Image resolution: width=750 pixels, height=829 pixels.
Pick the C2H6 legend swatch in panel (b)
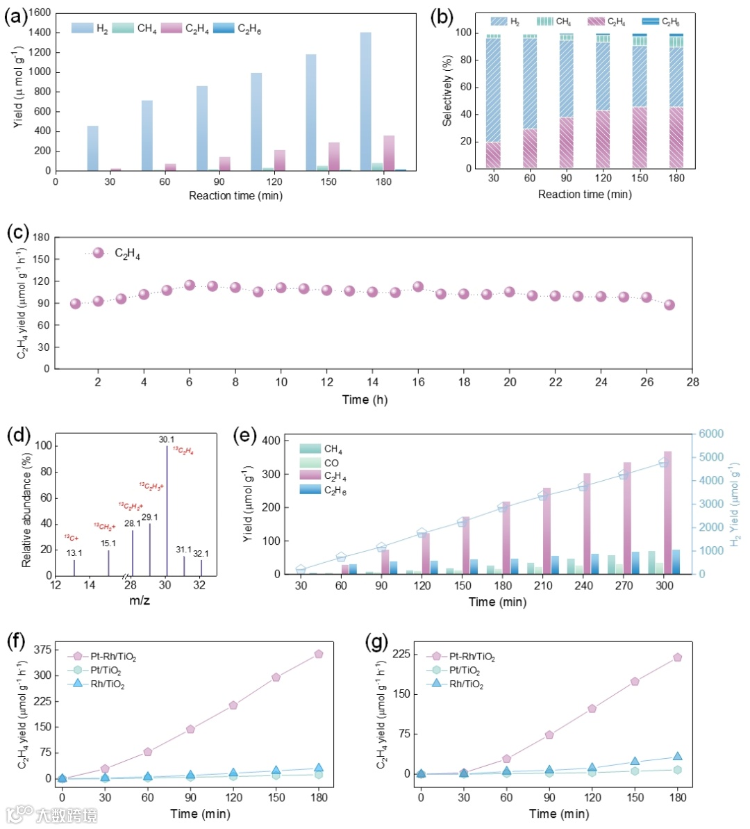tap(650, 22)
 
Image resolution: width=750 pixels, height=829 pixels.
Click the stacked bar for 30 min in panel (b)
tap(493, 101)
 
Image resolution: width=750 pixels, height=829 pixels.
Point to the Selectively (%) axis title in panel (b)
tap(447, 91)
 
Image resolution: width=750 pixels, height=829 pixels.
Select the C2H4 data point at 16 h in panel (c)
tap(418, 287)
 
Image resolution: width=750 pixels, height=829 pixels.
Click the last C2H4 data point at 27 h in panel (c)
tap(669, 304)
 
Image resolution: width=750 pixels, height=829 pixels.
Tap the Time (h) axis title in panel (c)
tap(365, 400)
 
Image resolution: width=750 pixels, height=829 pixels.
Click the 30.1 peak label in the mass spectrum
tap(167, 439)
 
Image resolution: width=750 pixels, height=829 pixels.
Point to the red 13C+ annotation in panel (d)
tap(72, 538)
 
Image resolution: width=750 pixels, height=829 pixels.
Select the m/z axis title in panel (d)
tap(140, 600)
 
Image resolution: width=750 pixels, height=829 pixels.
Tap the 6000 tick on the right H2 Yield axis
tap(712, 434)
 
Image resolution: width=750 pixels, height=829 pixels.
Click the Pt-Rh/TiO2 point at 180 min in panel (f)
tap(319, 654)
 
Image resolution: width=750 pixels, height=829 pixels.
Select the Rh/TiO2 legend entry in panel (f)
tap(108, 684)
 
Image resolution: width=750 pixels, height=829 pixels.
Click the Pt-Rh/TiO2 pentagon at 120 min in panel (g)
tap(592, 709)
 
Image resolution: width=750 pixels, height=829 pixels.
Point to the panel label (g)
tap(376, 641)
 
